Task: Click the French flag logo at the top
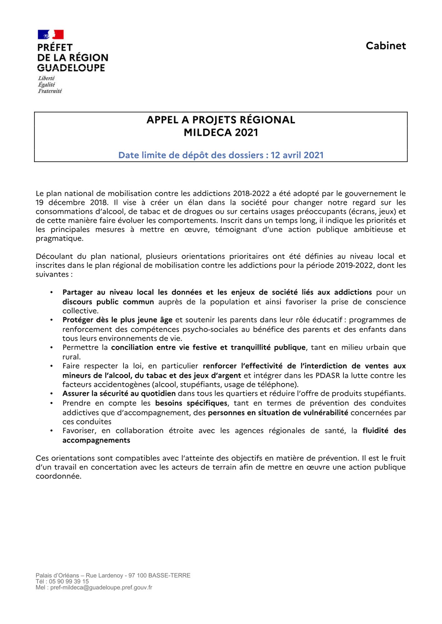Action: point(51,35)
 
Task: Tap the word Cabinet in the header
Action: point(386,46)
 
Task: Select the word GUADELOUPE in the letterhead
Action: point(71,68)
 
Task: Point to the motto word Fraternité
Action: point(50,91)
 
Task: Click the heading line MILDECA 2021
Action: point(221,133)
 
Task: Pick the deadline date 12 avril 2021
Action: point(297,155)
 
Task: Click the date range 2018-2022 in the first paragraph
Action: point(251,193)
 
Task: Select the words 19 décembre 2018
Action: point(72,202)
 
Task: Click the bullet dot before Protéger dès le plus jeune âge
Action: point(52,320)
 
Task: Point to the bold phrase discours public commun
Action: point(108,302)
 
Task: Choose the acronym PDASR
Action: point(328,375)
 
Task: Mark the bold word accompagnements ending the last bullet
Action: point(96,440)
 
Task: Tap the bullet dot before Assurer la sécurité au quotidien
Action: point(52,394)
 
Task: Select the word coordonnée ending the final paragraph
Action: point(58,476)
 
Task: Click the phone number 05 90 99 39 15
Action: point(69,582)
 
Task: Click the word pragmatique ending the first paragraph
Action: point(59,239)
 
